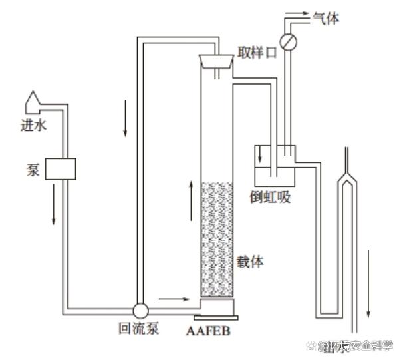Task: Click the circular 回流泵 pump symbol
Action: pos(141,310)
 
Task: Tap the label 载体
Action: pos(251,261)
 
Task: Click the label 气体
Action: pos(326,19)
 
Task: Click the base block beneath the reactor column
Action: pos(216,308)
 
